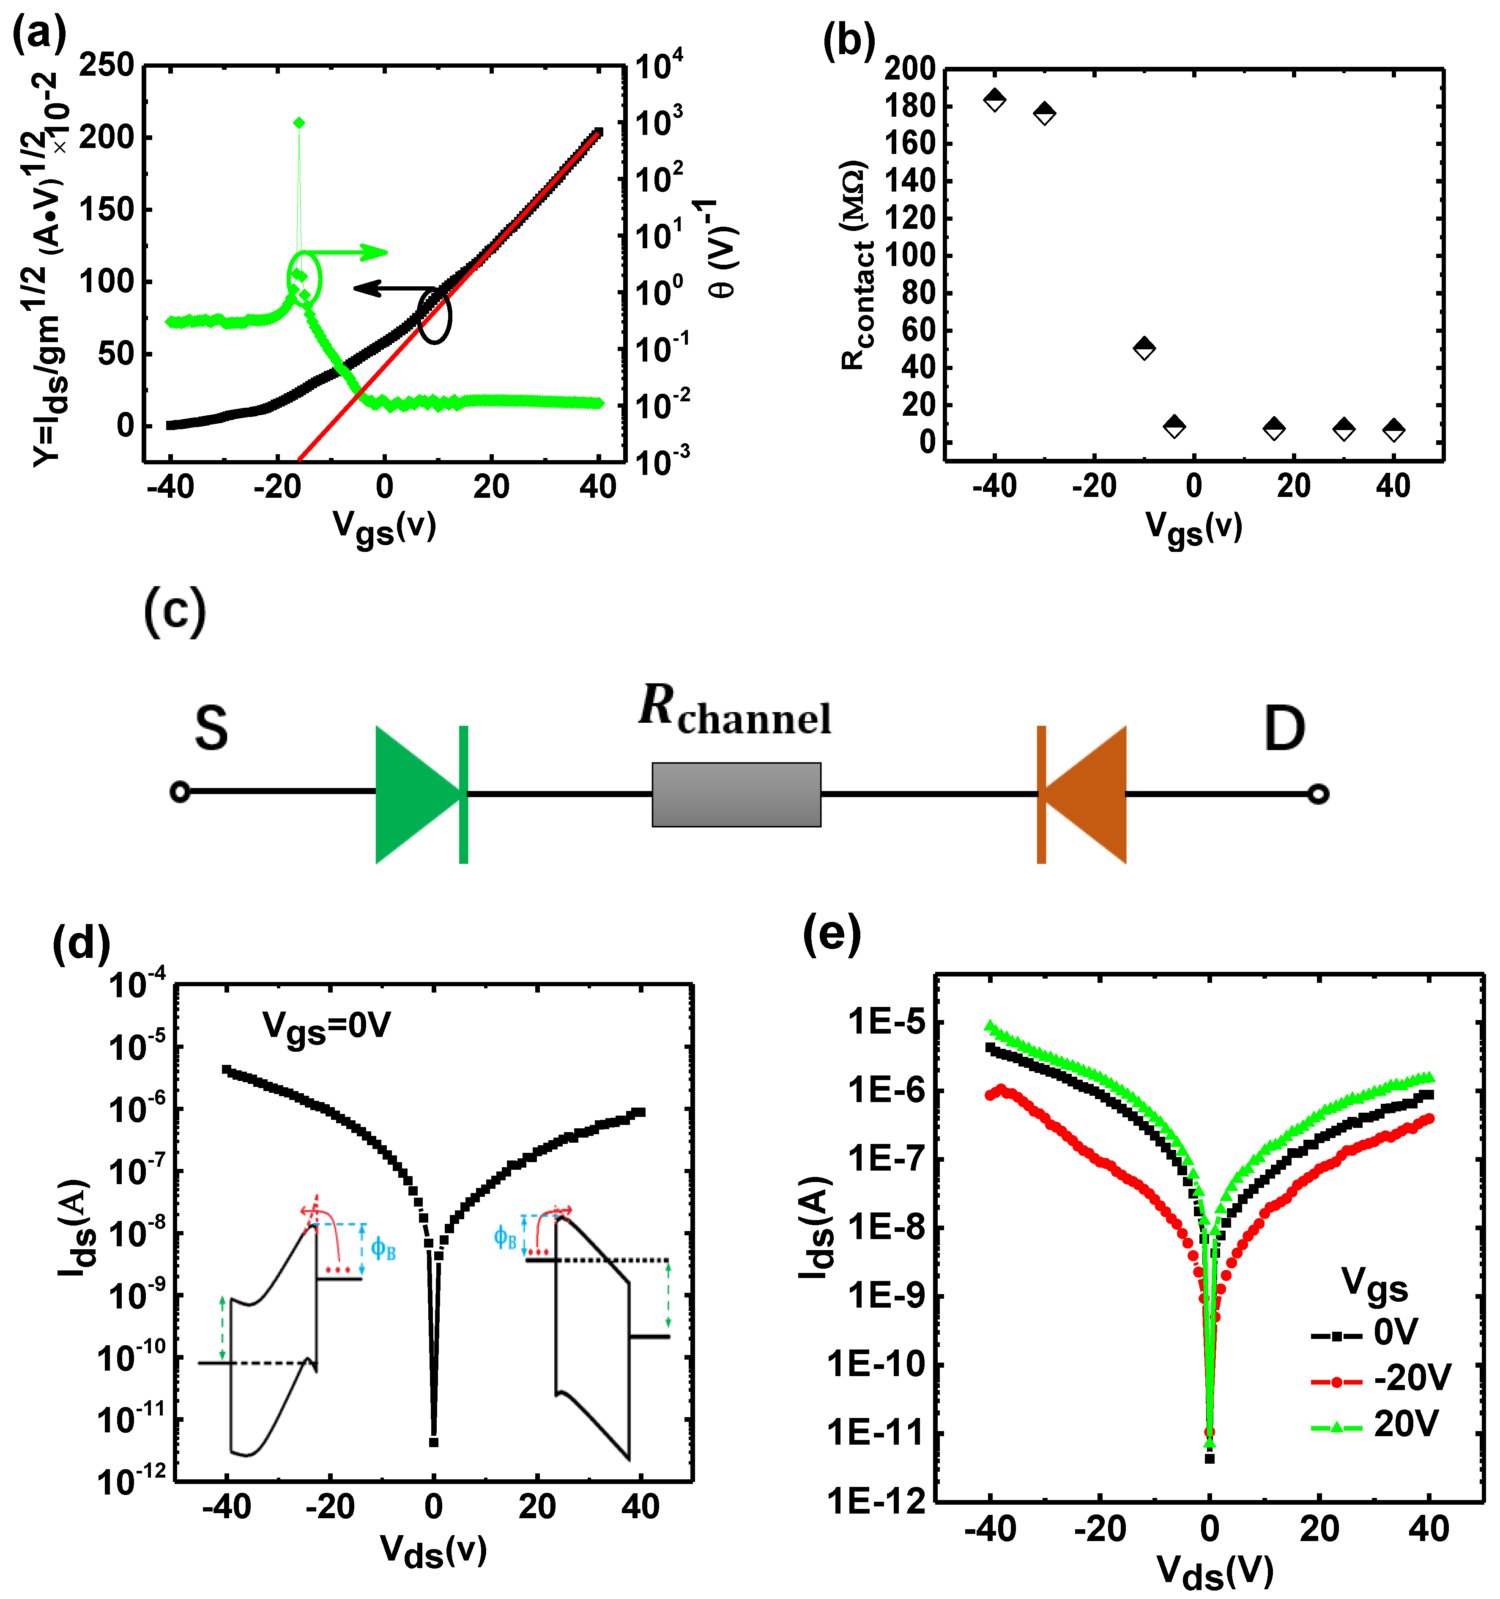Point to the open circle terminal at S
pyautogui.click(x=180, y=792)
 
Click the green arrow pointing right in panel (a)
pyautogui.click(x=354, y=252)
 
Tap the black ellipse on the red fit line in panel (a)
pyautogui.click(x=434, y=315)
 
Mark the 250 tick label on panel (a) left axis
pyautogui.click(x=107, y=65)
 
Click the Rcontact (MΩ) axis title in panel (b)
pyautogui.click(x=857, y=266)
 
